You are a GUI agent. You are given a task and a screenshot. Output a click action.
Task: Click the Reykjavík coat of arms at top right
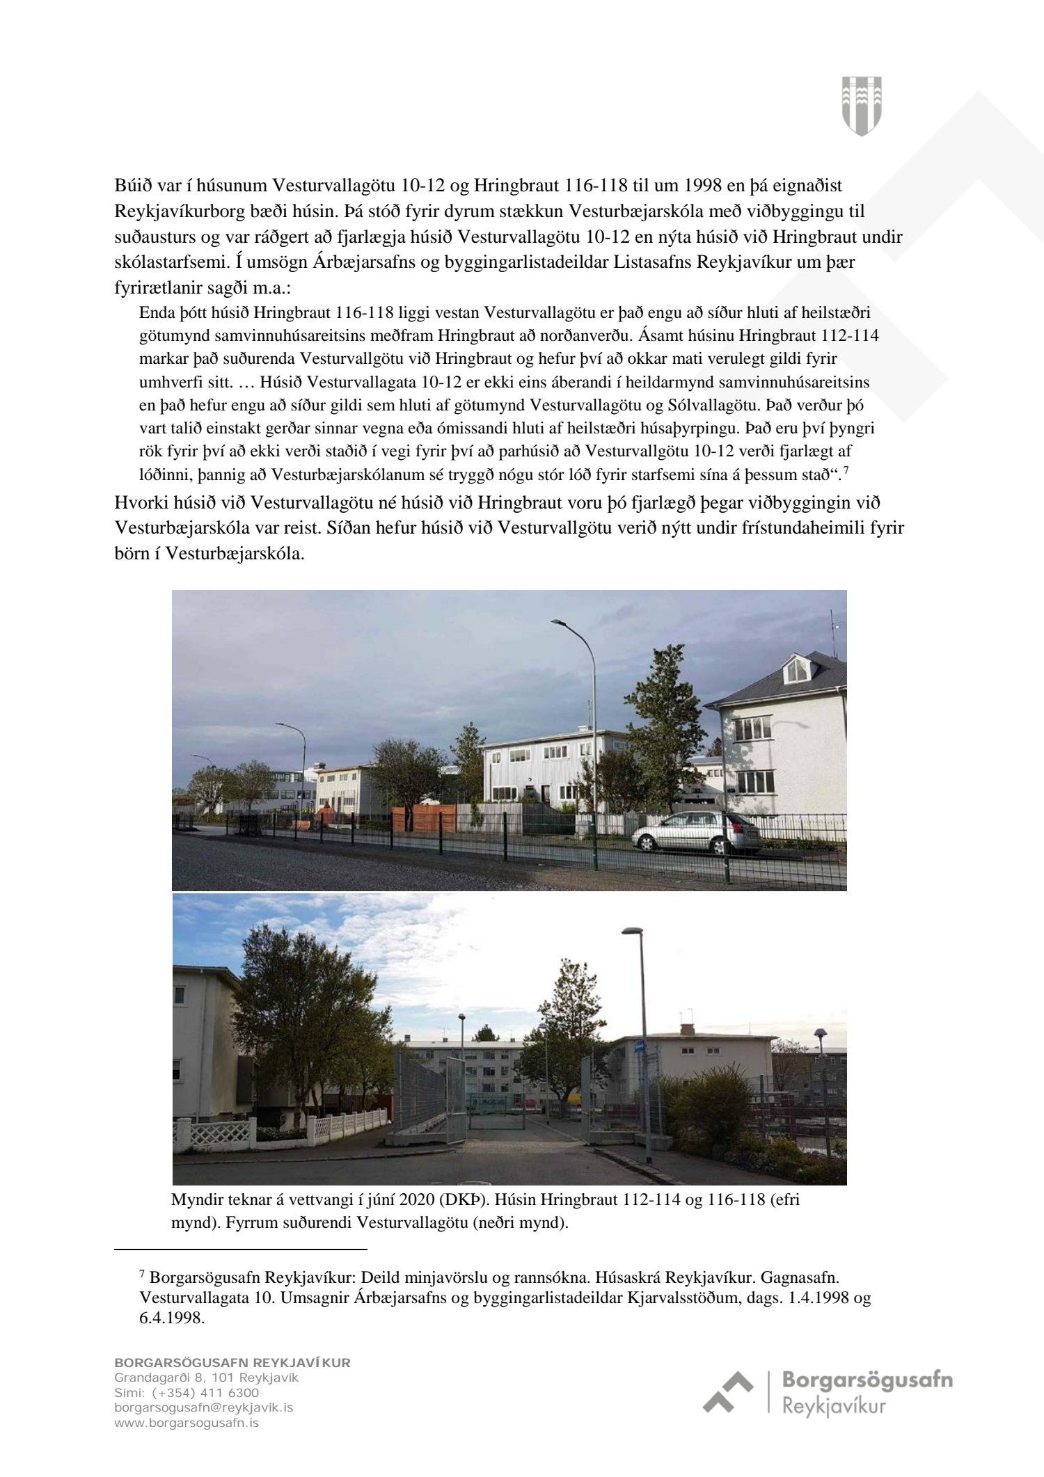862,106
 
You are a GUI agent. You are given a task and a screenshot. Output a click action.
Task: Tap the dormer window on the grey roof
796,669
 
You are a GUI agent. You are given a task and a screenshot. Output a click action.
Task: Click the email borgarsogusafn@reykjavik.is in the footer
203,1407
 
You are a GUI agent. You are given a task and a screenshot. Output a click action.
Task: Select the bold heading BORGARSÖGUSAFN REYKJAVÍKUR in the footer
232,1362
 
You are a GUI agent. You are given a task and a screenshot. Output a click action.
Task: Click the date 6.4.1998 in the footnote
172,1317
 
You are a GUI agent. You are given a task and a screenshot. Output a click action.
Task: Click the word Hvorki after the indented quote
139,502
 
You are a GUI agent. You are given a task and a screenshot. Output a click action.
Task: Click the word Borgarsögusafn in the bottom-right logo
867,1380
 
